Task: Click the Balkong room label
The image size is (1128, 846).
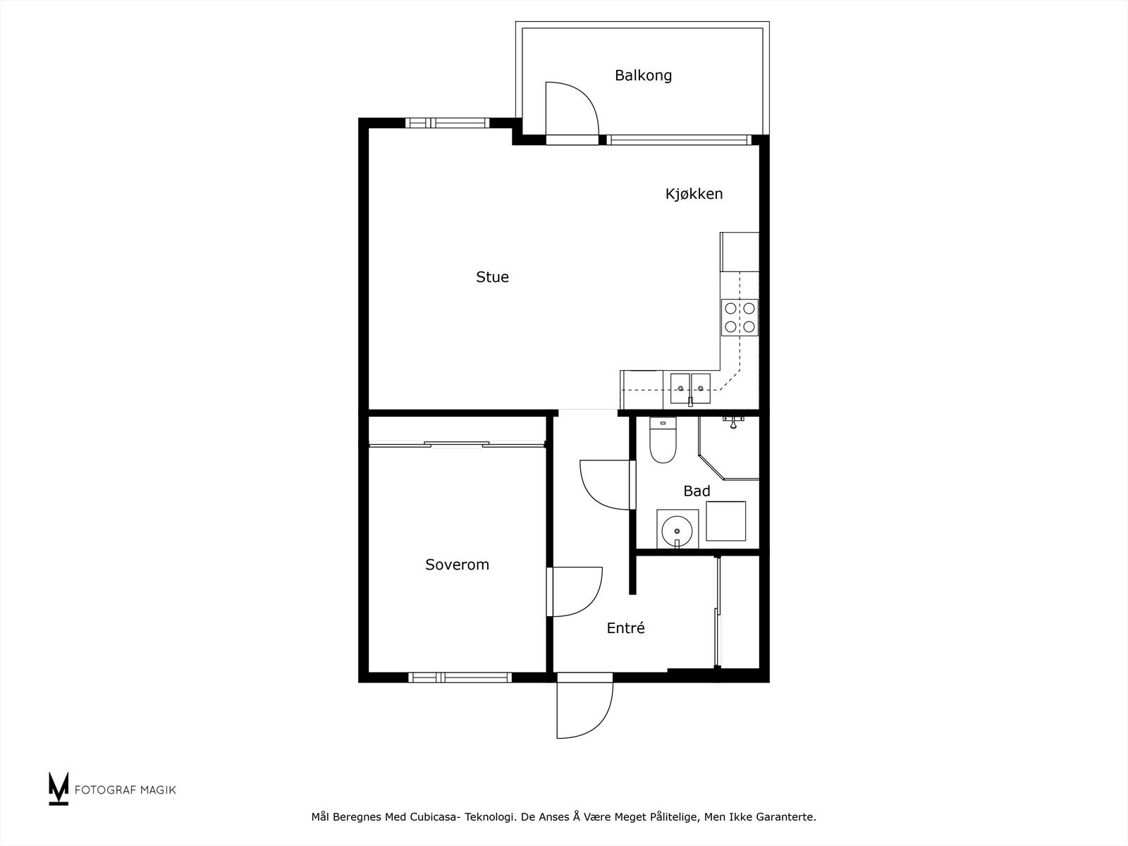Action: coord(643,76)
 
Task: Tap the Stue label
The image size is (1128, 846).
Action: coord(492,277)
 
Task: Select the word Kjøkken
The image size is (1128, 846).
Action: coord(694,194)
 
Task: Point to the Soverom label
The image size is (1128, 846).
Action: coord(457,565)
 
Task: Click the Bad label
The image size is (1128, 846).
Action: coord(697,491)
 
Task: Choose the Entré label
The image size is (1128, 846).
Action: coord(625,627)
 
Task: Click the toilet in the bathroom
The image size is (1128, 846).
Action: coord(663,440)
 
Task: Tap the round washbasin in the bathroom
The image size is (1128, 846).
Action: coord(676,531)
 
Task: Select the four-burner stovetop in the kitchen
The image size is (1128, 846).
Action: coord(740,317)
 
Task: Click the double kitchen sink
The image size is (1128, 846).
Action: coord(690,389)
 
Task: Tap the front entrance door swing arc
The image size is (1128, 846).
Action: coord(599,725)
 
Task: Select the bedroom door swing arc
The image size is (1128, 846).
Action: coord(591,603)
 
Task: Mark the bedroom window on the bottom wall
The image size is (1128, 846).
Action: coord(460,678)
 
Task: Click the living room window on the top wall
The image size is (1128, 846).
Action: coord(447,123)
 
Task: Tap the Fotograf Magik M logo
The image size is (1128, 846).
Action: coord(59,788)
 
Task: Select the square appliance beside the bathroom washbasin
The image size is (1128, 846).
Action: coord(725,521)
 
